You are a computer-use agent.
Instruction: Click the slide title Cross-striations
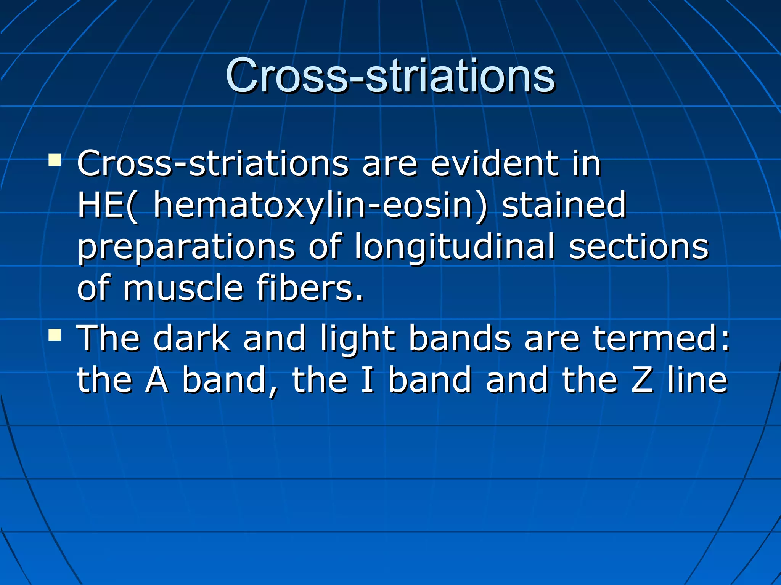pos(390,75)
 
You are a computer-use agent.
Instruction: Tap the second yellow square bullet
pos(55,335)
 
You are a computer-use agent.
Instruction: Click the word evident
pos(494,164)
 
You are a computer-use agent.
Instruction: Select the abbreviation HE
pos(100,206)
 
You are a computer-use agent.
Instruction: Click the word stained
pos(564,206)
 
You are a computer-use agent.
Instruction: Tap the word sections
pos(638,247)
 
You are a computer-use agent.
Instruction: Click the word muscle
pos(183,288)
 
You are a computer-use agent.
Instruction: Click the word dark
pos(191,338)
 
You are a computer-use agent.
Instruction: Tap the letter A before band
pos(157,380)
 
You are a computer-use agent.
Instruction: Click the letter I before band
pos(367,380)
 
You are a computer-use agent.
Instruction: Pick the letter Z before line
pos(642,380)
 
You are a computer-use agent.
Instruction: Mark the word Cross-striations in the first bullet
pos(212,164)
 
